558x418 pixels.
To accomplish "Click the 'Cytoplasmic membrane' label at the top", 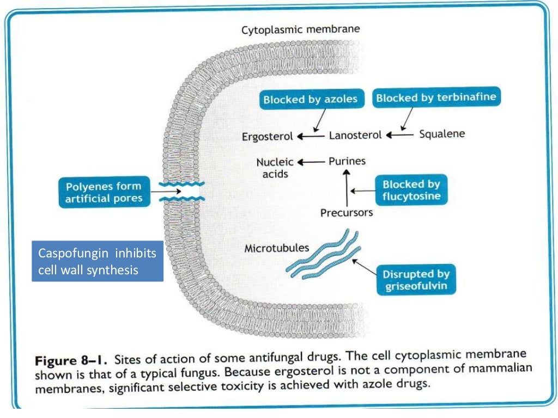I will [301, 29].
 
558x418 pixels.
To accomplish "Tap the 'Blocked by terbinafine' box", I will [436, 98].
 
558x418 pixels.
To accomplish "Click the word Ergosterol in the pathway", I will [268, 136].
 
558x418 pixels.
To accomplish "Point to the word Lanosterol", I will [355, 135].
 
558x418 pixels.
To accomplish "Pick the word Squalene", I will [442, 133].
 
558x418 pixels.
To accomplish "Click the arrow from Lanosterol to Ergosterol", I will [311, 136].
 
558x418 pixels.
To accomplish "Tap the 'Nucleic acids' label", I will [275, 168].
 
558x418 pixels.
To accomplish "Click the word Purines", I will [347, 161].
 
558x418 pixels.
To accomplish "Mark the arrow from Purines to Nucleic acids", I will [311, 162].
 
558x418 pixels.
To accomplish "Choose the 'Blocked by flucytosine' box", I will [411, 190].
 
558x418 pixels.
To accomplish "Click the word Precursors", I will [347, 212].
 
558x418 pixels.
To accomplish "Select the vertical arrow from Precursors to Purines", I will [345, 188].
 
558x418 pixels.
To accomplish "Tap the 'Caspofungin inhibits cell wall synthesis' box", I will [98, 261].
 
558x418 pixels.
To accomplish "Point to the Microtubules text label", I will [276, 248].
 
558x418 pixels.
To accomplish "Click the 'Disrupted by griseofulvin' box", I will [416, 280].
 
